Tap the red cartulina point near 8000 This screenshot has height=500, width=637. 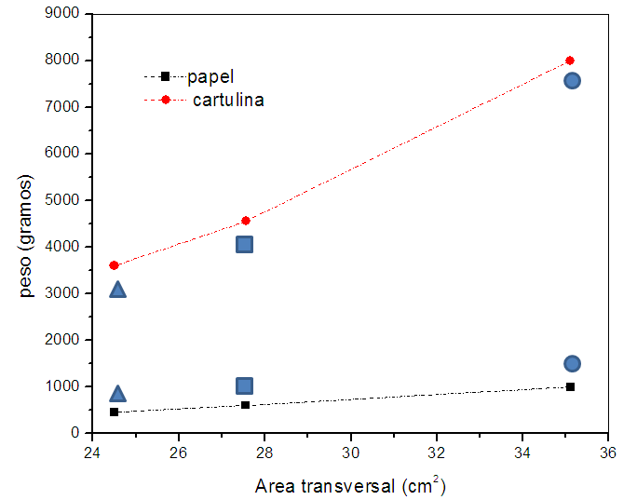(570, 61)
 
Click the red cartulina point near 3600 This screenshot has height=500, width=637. (114, 265)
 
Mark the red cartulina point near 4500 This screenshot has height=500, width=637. (246, 221)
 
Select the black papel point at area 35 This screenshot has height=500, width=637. (570, 386)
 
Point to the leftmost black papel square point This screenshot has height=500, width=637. (114, 412)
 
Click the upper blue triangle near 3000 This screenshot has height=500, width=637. (117, 290)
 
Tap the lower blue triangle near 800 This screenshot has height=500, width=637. (117, 394)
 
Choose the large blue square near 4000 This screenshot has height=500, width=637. (245, 244)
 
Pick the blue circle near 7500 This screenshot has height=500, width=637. (572, 80)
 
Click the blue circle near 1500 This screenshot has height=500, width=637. (572, 363)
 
